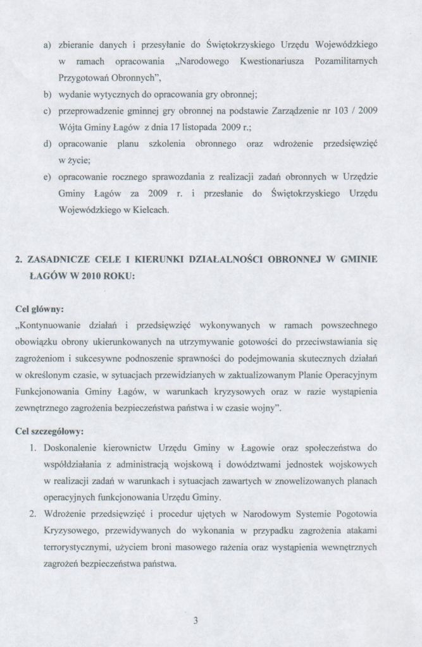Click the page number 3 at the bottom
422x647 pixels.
click(195, 620)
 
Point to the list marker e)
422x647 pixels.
click(47, 178)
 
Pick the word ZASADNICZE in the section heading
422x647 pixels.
click(62, 260)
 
